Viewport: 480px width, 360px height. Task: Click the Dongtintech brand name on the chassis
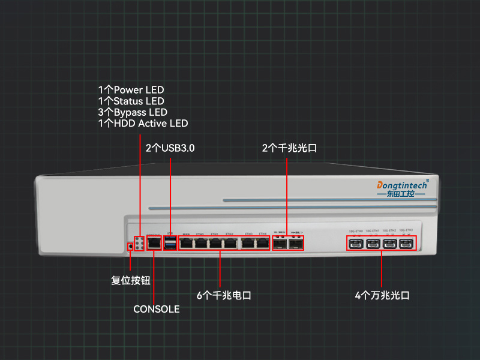click(401, 184)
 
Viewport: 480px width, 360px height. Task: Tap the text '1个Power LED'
click(131, 90)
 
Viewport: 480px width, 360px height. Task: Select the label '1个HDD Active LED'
click(143, 124)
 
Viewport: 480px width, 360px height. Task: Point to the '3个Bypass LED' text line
click(133, 112)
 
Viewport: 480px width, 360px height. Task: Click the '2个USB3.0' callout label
click(170, 148)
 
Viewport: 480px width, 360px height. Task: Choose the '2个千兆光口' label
click(289, 148)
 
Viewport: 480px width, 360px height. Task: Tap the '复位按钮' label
click(131, 280)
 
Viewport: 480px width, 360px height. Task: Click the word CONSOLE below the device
click(156, 309)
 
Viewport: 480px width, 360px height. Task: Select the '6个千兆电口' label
click(224, 295)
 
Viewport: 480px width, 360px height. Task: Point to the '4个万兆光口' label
click(382, 295)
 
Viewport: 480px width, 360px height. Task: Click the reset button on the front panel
click(131, 245)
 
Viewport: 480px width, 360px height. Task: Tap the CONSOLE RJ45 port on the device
click(154, 243)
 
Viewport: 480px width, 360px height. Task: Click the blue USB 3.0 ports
click(170, 243)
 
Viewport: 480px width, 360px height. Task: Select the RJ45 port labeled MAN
click(187, 243)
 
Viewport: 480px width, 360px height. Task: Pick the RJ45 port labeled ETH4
click(262, 243)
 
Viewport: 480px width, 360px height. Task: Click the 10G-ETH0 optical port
click(356, 244)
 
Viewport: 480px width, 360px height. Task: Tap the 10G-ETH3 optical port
click(407, 244)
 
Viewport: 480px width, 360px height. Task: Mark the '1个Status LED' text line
click(131, 101)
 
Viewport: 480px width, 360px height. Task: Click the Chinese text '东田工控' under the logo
click(401, 194)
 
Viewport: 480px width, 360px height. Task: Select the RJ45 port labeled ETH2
click(230, 243)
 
